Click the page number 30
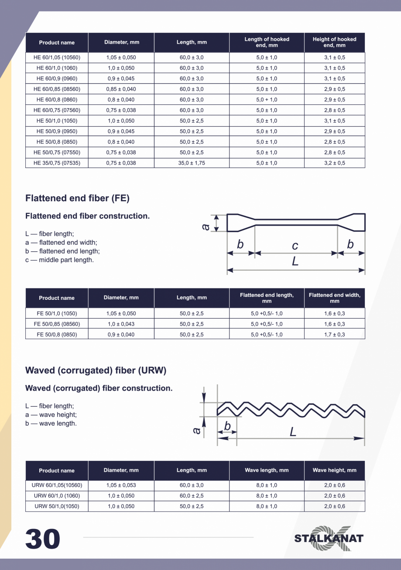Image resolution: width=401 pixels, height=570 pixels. [x=43, y=539]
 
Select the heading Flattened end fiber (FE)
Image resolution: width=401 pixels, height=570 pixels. [x=77, y=198]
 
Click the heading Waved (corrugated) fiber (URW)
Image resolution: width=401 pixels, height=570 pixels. [x=96, y=371]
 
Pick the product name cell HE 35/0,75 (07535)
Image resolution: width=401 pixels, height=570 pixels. [x=57, y=163]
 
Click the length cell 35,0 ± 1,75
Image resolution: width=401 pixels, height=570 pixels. [x=192, y=163]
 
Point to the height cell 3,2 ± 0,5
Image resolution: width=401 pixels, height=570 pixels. [x=334, y=163]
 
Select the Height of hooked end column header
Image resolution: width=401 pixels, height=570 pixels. [x=334, y=42]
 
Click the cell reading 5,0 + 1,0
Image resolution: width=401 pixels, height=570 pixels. [x=267, y=100]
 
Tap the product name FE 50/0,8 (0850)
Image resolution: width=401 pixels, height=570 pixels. [x=57, y=334]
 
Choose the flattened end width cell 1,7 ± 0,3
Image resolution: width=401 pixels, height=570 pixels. [x=334, y=334]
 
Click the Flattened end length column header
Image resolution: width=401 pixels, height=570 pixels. [x=267, y=298]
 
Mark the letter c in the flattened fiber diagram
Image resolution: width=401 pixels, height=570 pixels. [x=295, y=246]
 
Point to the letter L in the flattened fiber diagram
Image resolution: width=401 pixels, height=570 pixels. [x=295, y=261]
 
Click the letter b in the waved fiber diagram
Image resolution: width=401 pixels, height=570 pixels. [x=227, y=426]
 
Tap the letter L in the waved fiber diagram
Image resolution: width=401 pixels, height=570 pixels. [x=293, y=432]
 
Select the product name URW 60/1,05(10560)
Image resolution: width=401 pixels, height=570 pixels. [x=57, y=485]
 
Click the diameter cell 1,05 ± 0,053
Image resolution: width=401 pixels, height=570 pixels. [x=121, y=485]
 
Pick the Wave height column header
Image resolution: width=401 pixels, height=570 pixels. [x=334, y=470]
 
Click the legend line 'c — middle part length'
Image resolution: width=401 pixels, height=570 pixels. [x=59, y=260]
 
